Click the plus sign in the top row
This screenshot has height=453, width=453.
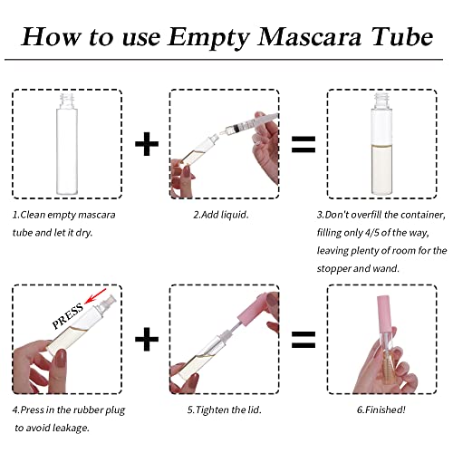[146, 144]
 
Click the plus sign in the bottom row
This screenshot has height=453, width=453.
[146, 339]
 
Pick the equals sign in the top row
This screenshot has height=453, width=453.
[302, 144]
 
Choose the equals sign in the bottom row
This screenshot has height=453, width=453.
[302, 340]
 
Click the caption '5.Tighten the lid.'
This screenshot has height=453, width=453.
[223, 409]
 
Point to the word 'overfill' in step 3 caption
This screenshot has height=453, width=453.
[377, 216]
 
